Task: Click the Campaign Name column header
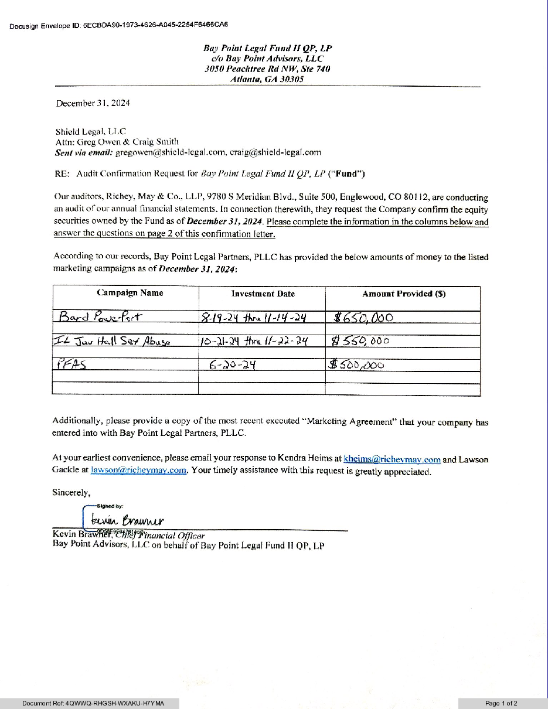point(130,293)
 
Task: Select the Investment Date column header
point(263,294)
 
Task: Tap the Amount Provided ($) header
point(403,294)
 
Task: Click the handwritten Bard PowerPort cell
point(100,317)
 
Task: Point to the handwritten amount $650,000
point(363,318)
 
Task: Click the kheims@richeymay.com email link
point(392,459)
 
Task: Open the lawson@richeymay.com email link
point(139,470)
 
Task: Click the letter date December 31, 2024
point(93,103)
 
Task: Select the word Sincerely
point(71,493)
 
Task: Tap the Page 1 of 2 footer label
point(501,703)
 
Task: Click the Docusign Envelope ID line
point(118,26)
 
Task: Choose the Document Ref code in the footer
point(93,703)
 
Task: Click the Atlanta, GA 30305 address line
point(267,79)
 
